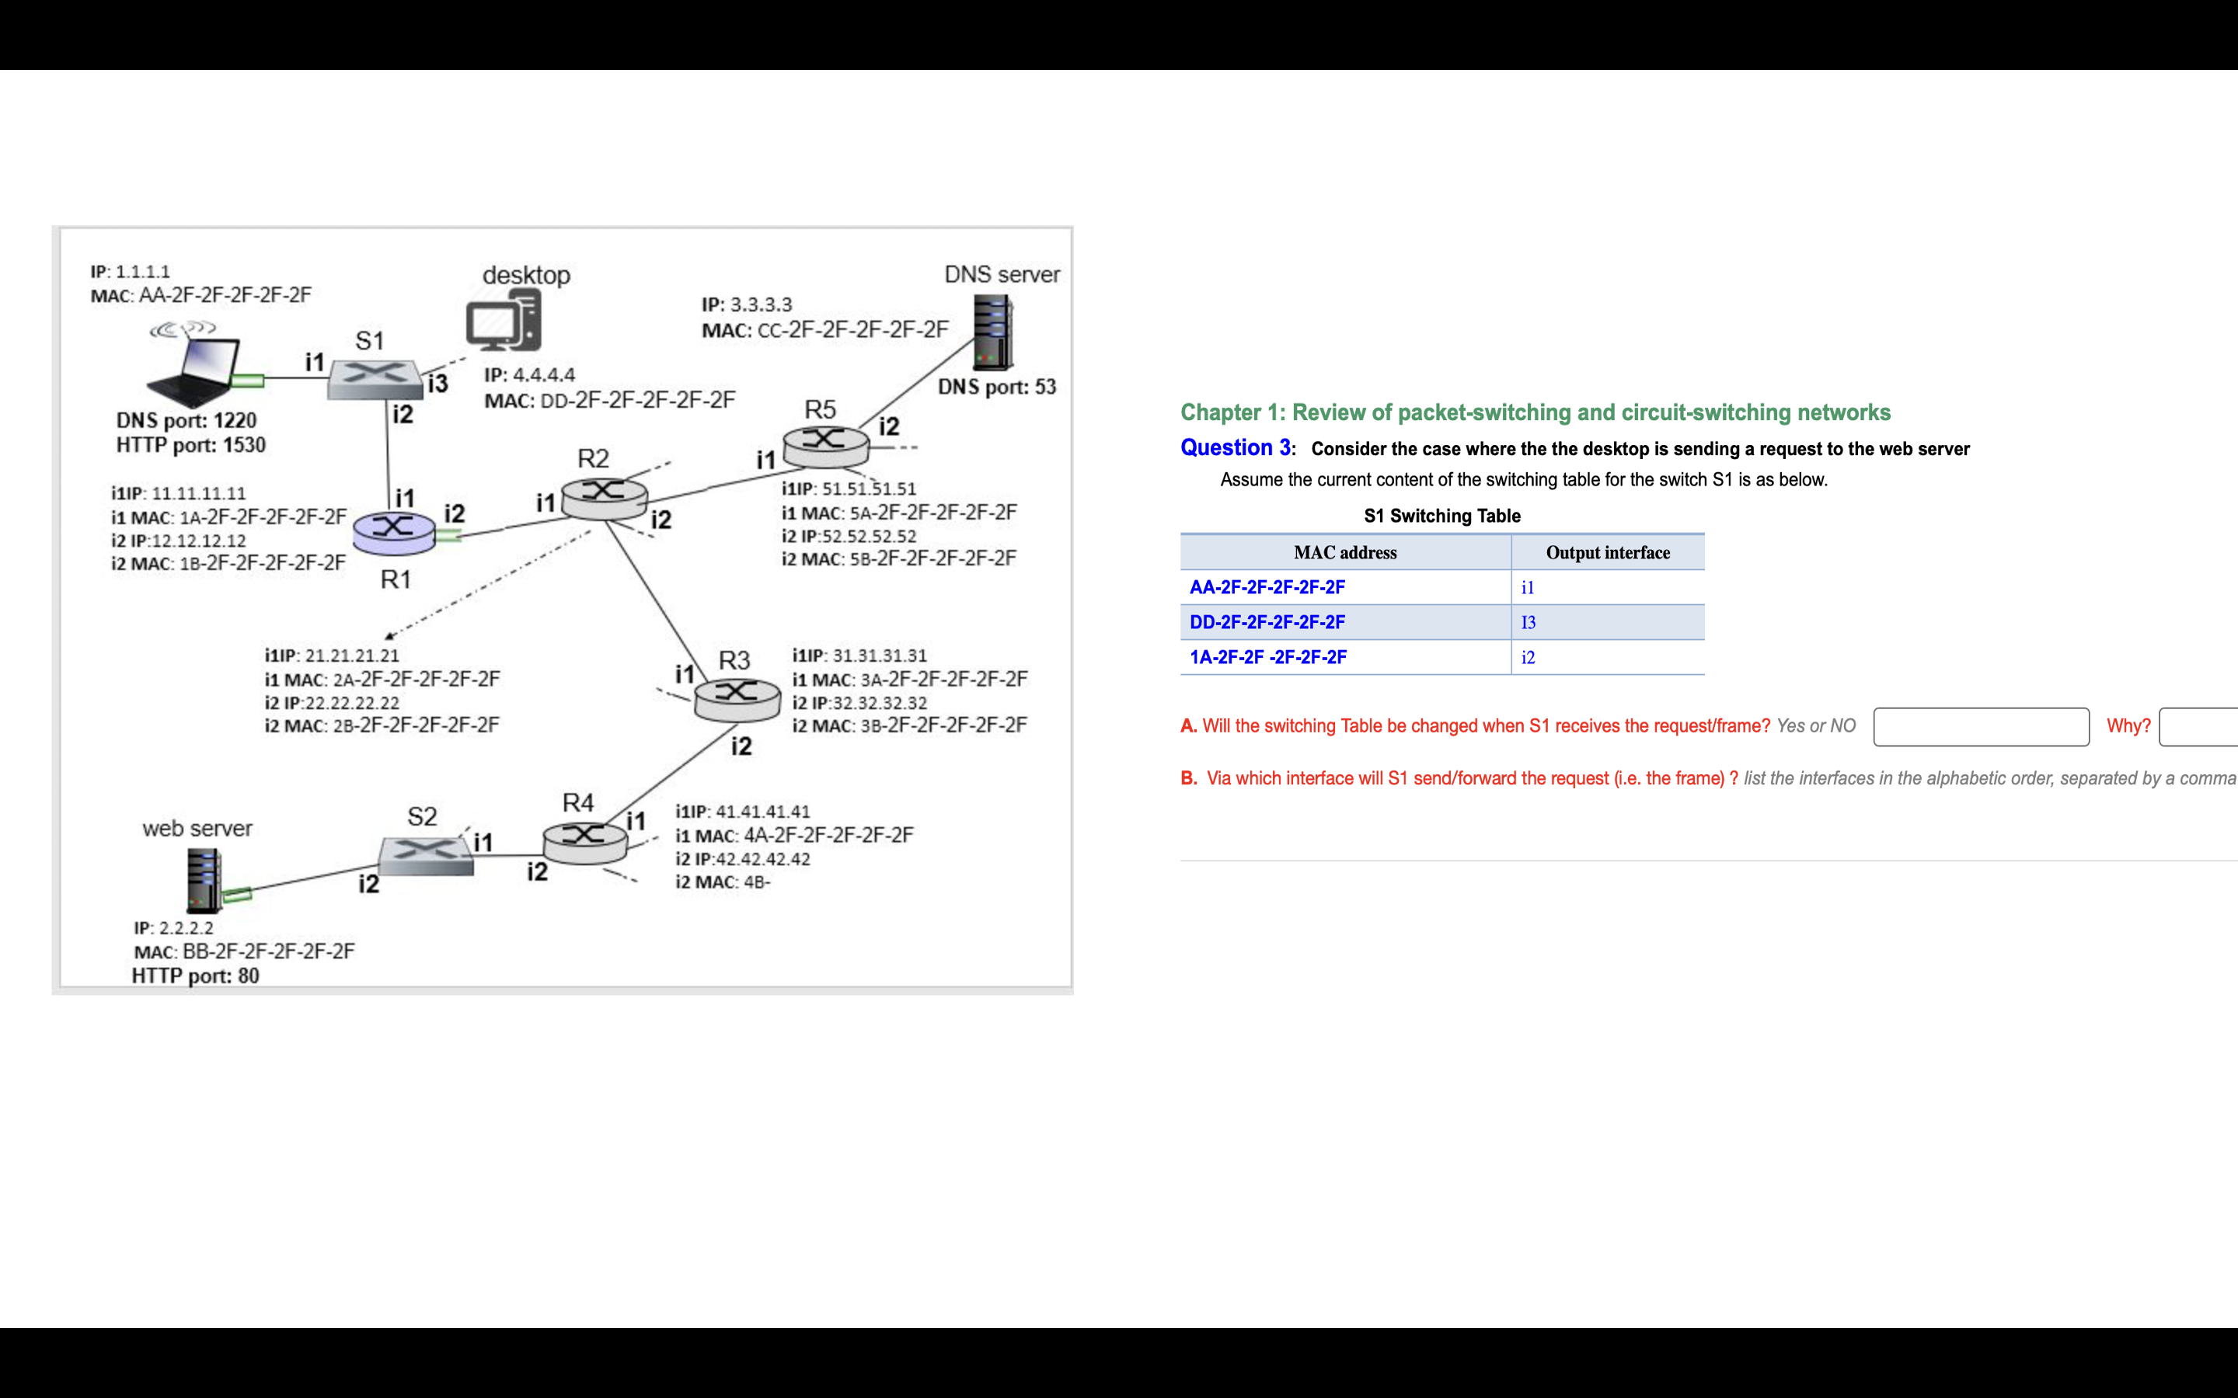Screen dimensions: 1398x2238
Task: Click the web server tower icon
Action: (x=204, y=880)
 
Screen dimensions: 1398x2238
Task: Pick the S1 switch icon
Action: (x=374, y=379)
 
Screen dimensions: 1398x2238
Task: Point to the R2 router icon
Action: (x=604, y=496)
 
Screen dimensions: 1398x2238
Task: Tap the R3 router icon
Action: (x=737, y=699)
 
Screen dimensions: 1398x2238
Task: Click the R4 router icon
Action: (x=584, y=841)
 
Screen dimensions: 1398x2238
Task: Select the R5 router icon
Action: (x=826, y=445)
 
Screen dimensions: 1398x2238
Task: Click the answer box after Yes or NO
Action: (x=1980, y=727)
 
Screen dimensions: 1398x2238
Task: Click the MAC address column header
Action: (x=1344, y=553)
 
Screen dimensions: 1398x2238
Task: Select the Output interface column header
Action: (x=1607, y=553)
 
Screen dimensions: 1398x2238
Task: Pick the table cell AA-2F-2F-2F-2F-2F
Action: (x=1267, y=588)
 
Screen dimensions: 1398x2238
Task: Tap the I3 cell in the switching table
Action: (x=1529, y=623)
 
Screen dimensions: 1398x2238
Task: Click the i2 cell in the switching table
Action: (x=1528, y=657)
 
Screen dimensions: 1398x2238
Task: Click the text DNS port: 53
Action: (x=997, y=388)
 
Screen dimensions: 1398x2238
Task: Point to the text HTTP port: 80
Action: (x=195, y=976)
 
